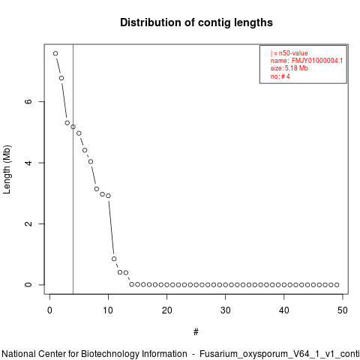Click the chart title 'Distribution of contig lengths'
tap(196, 22)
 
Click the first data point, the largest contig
tap(55, 53)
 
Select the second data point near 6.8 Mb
tap(61, 78)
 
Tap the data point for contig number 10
tap(108, 196)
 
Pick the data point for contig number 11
tap(114, 259)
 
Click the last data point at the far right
tap(337, 285)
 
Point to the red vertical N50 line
tap(73, 169)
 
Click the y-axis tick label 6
tap(28, 101)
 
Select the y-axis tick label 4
tap(28, 163)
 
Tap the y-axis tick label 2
tap(28, 223)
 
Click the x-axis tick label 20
tap(166, 310)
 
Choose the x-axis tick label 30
tap(225, 310)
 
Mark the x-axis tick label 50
tap(343, 310)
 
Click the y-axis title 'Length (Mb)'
tap(7, 169)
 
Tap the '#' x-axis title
tap(196, 332)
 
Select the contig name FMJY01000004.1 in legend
tap(317, 61)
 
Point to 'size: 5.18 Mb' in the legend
tap(289, 68)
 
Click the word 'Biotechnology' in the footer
tap(133, 354)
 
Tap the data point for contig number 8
tap(97, 189)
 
